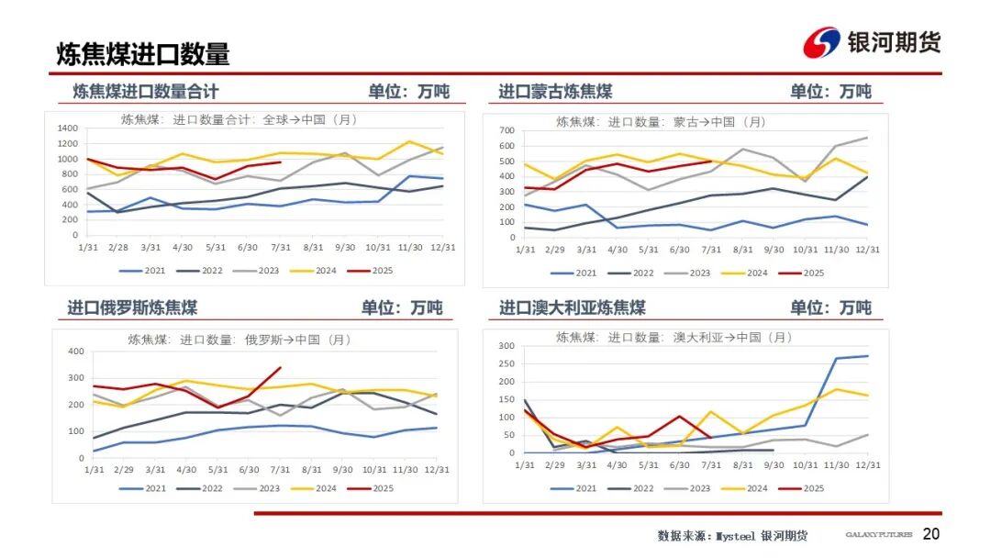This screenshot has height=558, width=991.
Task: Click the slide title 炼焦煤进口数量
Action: click(x=143, y=54)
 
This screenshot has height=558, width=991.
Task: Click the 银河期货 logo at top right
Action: click(x=872, y=42)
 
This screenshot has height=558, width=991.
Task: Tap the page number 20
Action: click(x=930, y=534)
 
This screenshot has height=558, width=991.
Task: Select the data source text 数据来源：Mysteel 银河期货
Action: click(x=732, y=535)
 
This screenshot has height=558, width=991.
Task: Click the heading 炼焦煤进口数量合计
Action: click(x=146, y=92)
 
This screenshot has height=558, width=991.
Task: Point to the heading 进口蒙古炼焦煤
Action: click(x=555, y=92)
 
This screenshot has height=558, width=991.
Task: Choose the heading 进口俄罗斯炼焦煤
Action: click(x=132, y=307)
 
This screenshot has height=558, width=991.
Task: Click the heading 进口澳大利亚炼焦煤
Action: click(x=572, y=307)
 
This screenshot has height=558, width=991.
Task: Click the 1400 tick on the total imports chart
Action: click(x=67, y=128)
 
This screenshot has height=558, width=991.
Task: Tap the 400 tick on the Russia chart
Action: click(x=75, y=352)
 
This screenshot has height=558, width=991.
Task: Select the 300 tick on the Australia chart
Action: click(x=503, y=346)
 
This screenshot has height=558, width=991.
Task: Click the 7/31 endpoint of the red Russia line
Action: click(x=280, y=368)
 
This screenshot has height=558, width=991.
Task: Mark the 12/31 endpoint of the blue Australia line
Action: click(x=867, y=356)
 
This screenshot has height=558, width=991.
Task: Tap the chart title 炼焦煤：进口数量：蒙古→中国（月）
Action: click(x=661, y=121)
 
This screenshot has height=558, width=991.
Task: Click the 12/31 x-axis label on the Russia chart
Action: click(x=436, y=469)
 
